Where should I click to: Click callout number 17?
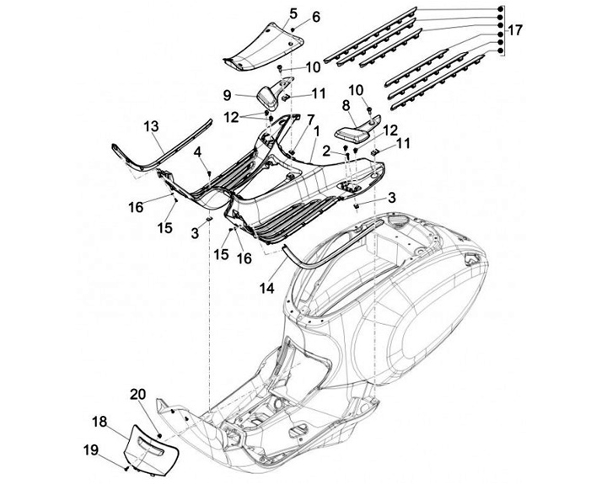click(x=515, y=29)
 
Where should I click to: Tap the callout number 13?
click(x=151, y=125)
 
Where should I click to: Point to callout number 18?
click(x=99, y=421)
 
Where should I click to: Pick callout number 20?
click(x=137, y=395)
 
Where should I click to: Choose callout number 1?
click(x=316, y=131)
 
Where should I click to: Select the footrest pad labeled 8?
click(x=357, y=130)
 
